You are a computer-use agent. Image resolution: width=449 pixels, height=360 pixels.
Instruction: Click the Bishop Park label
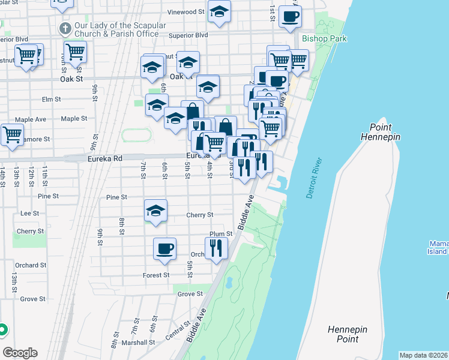tap(325, 38)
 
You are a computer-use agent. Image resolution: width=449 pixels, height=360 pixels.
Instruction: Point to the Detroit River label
tap(315, 178)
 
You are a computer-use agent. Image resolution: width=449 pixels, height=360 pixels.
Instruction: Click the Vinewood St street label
tap(186, 12)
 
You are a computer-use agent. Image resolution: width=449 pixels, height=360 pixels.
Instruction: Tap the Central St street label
tap(178, 331)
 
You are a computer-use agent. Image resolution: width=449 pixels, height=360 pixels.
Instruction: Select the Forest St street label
tap(155, 275)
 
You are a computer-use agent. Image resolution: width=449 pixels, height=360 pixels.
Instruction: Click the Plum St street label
tap(220, 234)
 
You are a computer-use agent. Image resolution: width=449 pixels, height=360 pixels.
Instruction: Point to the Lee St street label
tap(29, 213)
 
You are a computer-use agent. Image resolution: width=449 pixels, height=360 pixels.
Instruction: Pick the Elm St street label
tap(52, 99)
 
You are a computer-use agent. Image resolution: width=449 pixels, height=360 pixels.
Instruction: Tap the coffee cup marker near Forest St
tap(164, 248)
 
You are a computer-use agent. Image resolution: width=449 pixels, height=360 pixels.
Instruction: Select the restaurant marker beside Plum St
tap(216, 247)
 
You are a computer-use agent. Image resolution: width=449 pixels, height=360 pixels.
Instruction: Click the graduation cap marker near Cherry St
tap(155, 211)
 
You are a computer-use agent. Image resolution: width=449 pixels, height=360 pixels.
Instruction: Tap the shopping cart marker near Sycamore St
tap(12, 134)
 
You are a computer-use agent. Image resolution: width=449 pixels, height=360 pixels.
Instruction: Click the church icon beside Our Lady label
tap(65, 28)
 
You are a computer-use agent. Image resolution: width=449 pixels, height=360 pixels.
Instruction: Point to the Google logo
tap(20, 352)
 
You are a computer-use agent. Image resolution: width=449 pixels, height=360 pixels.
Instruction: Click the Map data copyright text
tap(423, 355)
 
